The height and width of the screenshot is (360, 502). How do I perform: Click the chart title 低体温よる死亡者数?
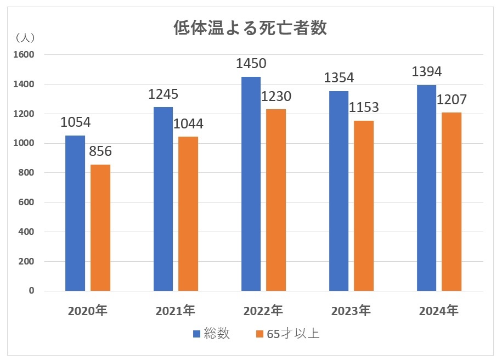[x=250, y=28]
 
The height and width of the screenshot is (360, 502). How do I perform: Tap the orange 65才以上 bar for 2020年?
[x=100, y=228]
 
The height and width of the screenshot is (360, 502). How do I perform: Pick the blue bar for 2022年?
[x=251, y=184]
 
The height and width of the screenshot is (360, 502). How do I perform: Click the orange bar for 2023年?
[x=364, y=206]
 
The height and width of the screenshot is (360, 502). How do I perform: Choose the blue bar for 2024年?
[x=426, y=188]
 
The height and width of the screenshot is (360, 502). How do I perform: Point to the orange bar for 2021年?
[x=188, y=213]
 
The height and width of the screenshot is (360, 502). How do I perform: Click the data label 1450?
[x=251, y=64]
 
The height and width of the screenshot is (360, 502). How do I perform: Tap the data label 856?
[x=100, y=151]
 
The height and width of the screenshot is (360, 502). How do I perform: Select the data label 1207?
[x=452, y=100]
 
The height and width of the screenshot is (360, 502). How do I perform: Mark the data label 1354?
[x=339, y=78]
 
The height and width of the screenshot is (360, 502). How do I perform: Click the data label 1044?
[x=188, y=123]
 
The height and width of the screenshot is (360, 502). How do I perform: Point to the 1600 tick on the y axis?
[x=24, y=55]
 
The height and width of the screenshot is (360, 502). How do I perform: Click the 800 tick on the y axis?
[x=26, y=173]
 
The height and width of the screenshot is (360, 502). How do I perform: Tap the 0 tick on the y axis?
[x=31, y=291]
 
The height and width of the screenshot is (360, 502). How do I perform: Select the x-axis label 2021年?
[x=176, y=311]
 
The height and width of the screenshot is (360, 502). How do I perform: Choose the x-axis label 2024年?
[x=438, y=311]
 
